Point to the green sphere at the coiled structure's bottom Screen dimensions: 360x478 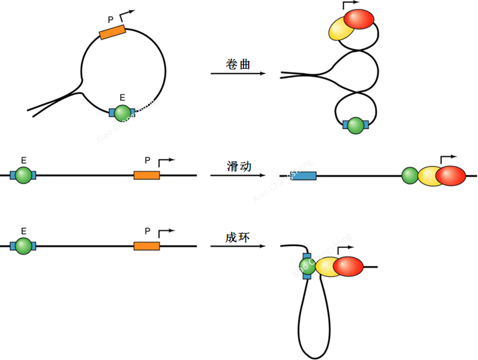coord(355,125)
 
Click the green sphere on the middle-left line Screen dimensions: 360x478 coord(23,175)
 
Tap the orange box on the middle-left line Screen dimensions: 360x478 coord(146,175)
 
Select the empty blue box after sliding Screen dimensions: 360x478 coord(303,175)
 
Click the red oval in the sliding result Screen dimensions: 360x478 coord(450,175)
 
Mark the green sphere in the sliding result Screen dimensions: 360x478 coord(410,175)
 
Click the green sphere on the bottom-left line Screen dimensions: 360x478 coord(23,245)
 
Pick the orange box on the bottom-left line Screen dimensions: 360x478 coord(146,245)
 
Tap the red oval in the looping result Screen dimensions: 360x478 coord(348,268)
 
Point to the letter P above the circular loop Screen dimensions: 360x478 coord(110,16)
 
